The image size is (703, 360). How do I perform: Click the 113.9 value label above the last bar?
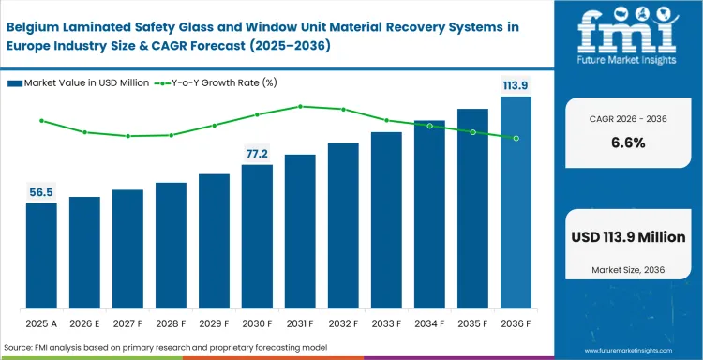tap(516, 85)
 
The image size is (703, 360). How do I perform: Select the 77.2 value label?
tap(257, 153)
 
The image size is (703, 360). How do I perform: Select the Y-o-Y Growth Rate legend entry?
tap(230, 83)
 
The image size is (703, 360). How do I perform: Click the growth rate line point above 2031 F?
tap(300, 106)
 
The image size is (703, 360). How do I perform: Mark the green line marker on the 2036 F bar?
tap(516, 138)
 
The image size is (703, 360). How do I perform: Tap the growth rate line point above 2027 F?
tap(127, 136)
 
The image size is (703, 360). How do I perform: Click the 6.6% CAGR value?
tap(628, 142)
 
